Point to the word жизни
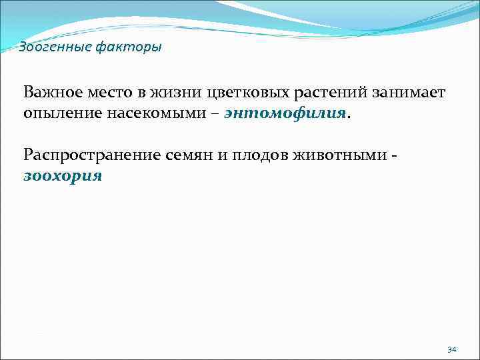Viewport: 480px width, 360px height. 178,92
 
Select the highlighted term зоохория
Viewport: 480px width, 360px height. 63,177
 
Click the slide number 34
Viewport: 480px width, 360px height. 452,349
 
